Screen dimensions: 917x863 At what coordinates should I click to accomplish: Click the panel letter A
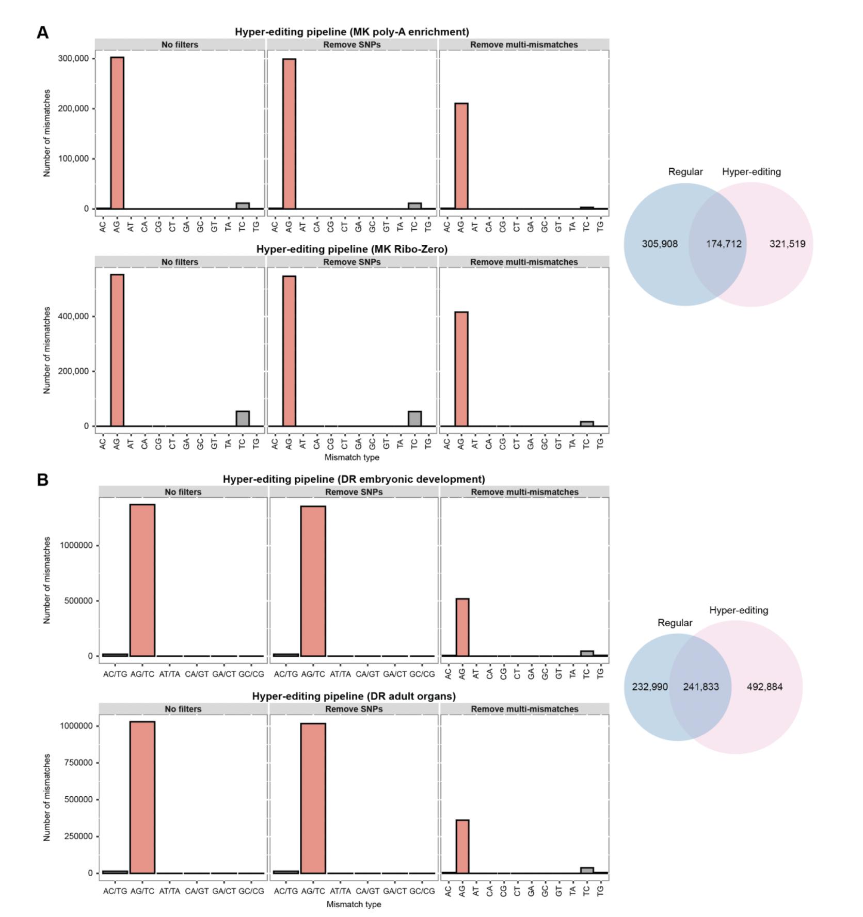[43, 33]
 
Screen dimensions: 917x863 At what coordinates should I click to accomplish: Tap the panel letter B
[43, 480]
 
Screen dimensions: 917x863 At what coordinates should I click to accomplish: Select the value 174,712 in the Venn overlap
[724, 244]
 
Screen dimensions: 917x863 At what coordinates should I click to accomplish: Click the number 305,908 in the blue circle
[660, 244]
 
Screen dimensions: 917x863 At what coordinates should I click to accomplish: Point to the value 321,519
[787, 244]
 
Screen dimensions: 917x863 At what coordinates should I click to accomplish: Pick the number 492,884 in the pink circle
[764, 687]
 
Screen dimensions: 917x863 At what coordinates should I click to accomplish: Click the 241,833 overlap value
[700, 687]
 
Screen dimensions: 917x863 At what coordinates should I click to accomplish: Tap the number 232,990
[649, 687]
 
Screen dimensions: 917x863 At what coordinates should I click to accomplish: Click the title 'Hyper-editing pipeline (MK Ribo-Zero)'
[352, 249]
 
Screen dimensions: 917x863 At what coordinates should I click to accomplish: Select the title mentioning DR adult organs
[354, 696]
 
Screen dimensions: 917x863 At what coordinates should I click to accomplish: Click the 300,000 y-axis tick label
[73, 58]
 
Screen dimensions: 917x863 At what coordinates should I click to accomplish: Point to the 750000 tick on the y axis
[76, 763]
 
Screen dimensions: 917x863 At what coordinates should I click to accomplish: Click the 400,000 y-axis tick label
[73, 316]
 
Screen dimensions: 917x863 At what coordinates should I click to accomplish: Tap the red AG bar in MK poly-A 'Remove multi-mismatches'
[461, 156]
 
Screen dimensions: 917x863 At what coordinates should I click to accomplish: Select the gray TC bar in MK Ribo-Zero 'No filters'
[243, 419]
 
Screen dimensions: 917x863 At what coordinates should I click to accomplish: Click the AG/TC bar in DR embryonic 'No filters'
[142, 580]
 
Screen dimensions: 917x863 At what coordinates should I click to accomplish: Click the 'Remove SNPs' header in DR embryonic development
[354, 492]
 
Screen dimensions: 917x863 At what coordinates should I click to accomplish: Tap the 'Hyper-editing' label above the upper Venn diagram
[751, 172]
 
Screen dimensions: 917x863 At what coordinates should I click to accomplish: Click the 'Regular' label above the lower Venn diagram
[675, 623]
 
